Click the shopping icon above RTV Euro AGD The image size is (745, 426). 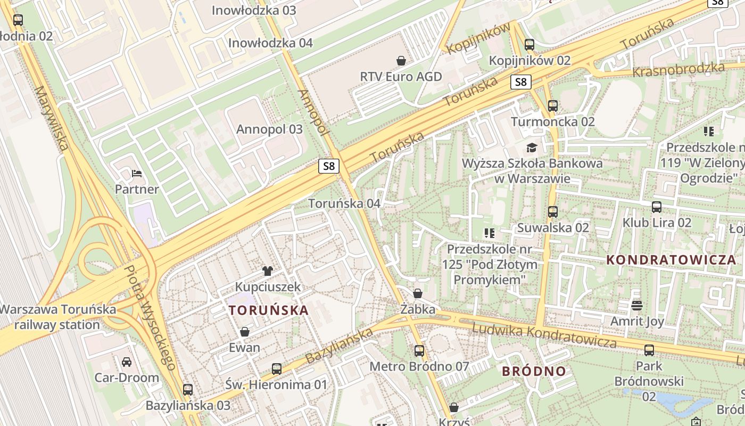click(401, 61)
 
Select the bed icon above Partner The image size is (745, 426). click(137, 174)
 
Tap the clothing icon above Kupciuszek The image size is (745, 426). click(268, 271)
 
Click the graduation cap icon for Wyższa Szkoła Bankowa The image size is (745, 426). click(532, 148)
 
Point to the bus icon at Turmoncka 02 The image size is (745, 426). click(553, 106)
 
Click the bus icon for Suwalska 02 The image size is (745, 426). click(553, 212)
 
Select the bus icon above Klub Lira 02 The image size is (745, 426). click(657, 207)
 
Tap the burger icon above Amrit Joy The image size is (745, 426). click(637, 306)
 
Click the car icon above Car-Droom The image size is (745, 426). click(127, 362)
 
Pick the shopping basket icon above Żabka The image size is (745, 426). click(418, 293)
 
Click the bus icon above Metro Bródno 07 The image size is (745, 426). click(419, 350)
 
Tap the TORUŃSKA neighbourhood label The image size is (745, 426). click(268, 310)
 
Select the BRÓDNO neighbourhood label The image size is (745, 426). click(534, 372)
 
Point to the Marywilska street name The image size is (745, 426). click(52, 118)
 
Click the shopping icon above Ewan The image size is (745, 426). click(245, 332)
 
